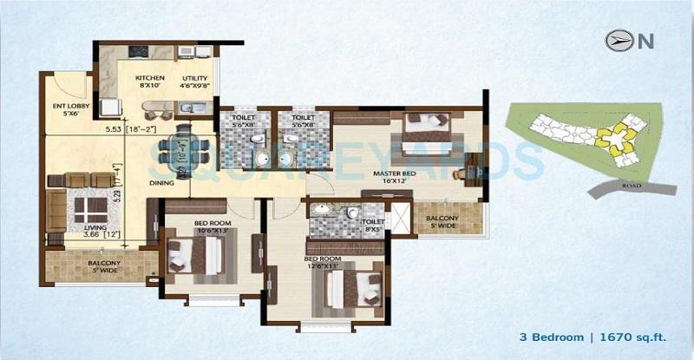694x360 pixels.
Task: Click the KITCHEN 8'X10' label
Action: (x=150, y=82)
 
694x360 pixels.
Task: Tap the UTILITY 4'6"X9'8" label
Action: (x=195, y=82)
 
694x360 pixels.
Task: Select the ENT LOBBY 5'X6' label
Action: (x=67, y=111)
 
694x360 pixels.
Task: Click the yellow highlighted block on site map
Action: (x=617, y=138)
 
